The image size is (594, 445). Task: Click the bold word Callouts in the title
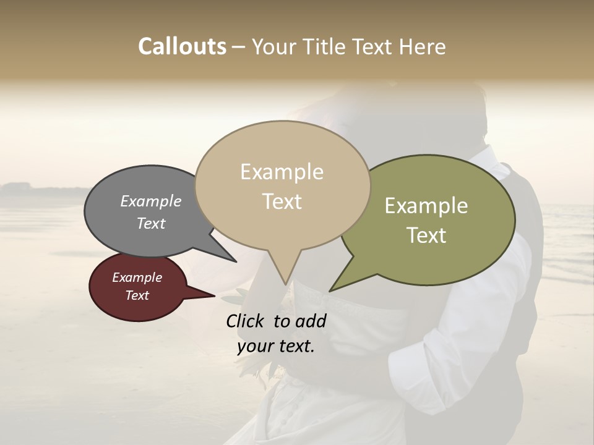click(182, 46)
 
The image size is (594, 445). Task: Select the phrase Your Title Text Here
click(348, 47)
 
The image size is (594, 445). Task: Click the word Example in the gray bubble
click(151, 201)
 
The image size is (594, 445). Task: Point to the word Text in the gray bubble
click(151, 224)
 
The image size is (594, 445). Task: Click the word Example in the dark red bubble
click(137, 278)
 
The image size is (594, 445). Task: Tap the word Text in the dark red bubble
click(137, 295)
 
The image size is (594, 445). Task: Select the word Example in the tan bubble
click(282, 172)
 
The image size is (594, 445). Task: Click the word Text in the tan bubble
click(282, 201)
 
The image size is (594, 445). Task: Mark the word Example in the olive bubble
click(426, 206)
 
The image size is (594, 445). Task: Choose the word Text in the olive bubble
click(427, 235)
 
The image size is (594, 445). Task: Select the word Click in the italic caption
click(246, 321)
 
